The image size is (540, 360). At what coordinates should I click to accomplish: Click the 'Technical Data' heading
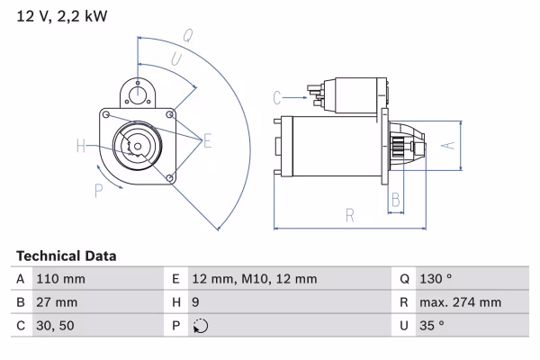click(66, 256)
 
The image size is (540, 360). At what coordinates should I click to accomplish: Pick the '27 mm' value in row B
click(55, 302)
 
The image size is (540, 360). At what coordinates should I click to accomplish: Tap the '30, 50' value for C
click(54, 326)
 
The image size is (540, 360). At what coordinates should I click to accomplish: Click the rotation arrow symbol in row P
click(200, 326)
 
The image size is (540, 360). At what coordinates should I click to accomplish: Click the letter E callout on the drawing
click(207, 139)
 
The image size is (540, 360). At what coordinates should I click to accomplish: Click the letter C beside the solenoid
click(278, 95)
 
